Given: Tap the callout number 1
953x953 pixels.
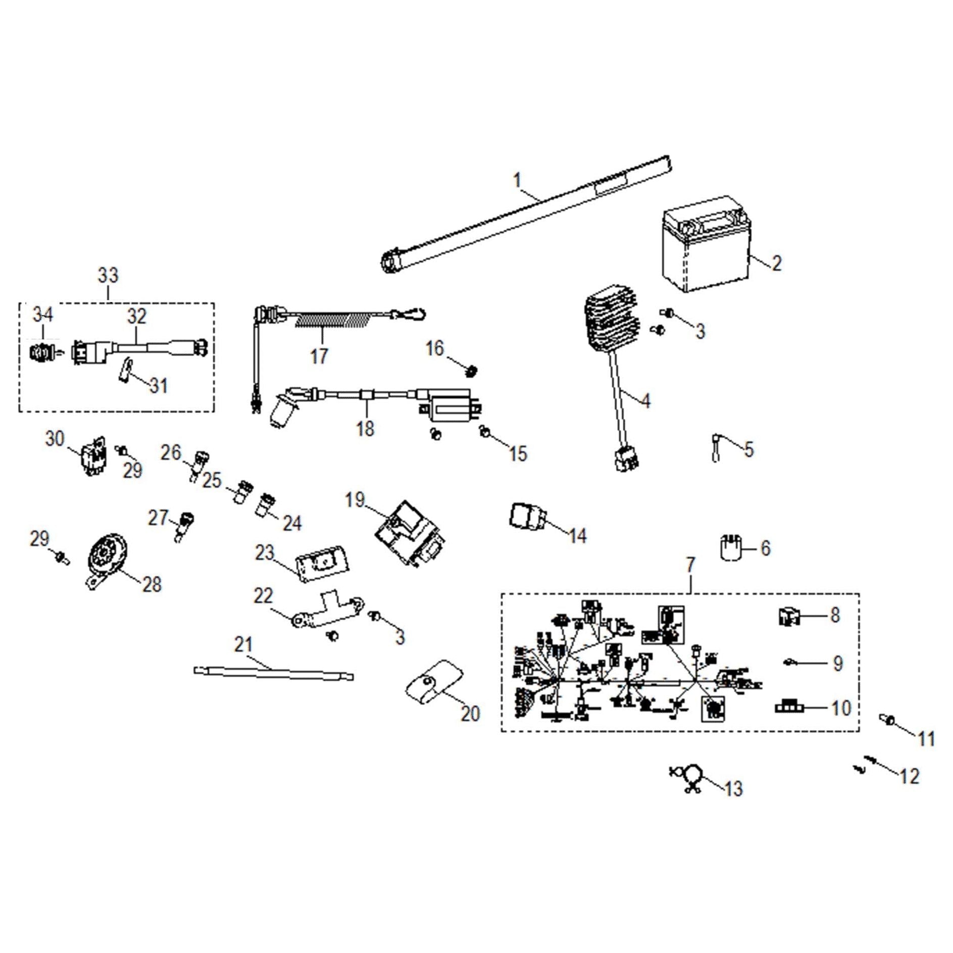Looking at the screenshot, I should pyautogui.click(x=517, y=180).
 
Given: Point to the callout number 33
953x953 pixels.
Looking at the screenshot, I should pyautogui.click(x=108, y=275).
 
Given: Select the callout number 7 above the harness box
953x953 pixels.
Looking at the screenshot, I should pyautogui.click(x=690, y=565).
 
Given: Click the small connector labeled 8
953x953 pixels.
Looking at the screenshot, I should pyautogui.click(x=788, y=617).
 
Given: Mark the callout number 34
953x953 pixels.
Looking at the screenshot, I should pyautogui.click(x=43, y=315).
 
